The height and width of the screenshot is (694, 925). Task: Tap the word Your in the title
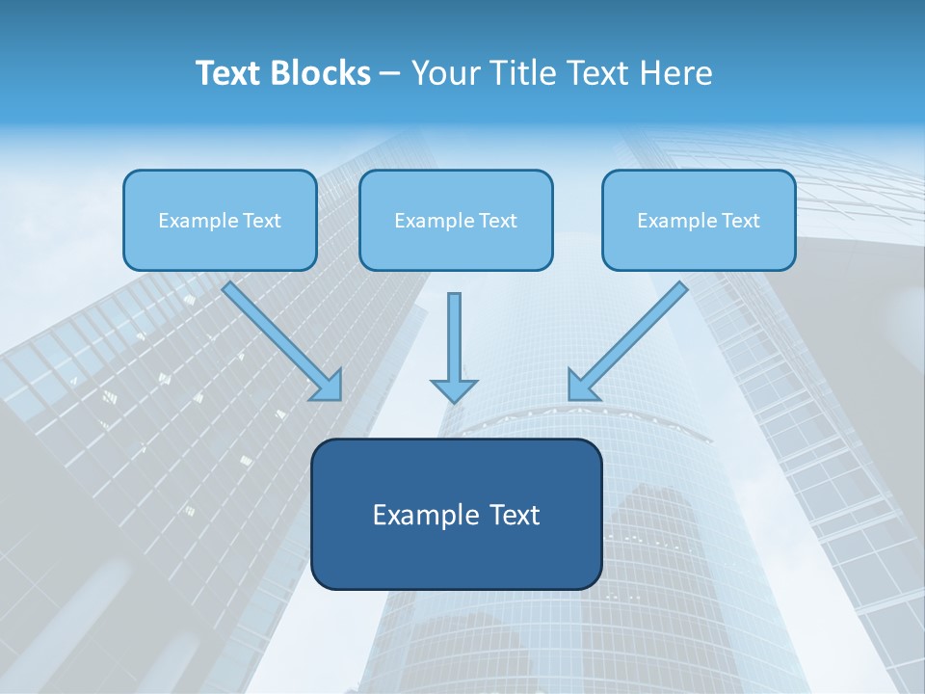[443, 73]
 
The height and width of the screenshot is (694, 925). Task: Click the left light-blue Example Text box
[220, 220]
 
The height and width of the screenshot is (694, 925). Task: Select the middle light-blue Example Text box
[456, 220]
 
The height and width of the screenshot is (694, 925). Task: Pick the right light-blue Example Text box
[699, 220]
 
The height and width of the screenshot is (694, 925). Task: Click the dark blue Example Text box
[456, 514]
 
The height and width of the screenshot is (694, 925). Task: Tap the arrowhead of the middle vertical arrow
[454, 390]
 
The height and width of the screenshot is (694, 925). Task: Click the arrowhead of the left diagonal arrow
[328, 385]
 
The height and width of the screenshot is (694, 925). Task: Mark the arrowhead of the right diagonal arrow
[582, 385]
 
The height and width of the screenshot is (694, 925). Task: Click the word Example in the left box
[195, 221]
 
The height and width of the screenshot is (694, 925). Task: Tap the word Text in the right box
[739, 221]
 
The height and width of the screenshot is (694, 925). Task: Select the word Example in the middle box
[431, 221]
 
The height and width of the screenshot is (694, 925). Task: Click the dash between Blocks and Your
[391, 73]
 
